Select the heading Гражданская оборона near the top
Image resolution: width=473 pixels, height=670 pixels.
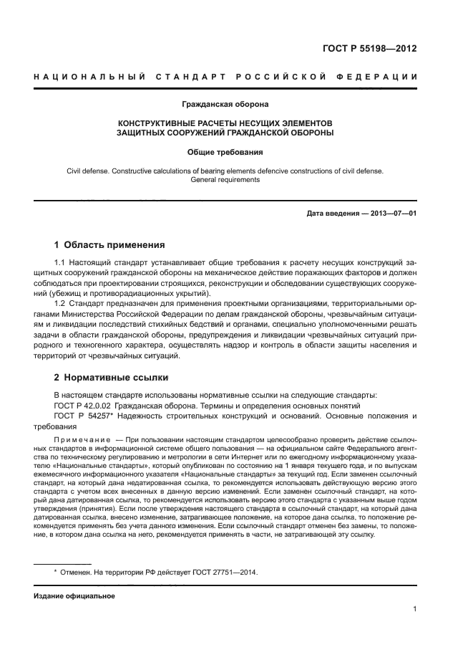(x=225, y=105)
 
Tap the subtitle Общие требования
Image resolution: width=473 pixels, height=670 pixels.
(x=225, y=152)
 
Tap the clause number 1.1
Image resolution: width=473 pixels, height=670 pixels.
(x=61, y=264)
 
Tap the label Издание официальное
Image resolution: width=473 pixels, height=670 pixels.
(x=74, y=595)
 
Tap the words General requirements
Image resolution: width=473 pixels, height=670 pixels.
(x=225, y=180)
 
